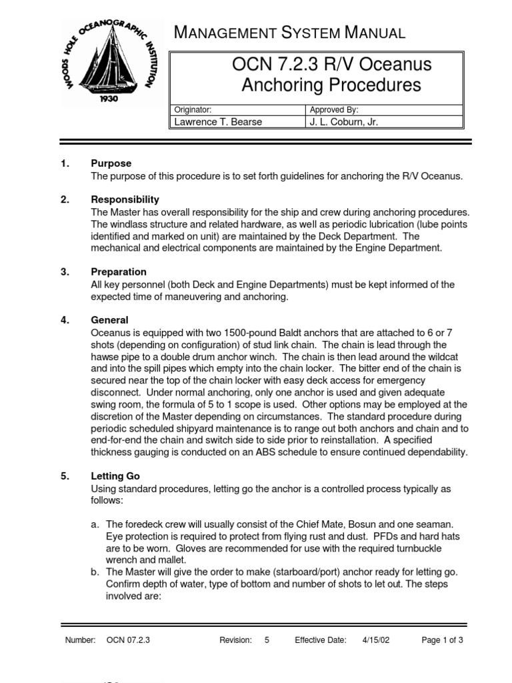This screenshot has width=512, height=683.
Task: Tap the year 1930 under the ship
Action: pos(109,97)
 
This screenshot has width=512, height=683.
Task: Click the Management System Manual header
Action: pos(288,32)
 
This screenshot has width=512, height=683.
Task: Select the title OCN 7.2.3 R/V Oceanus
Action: pos(331,65)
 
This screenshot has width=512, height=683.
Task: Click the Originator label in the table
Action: pos(193,109)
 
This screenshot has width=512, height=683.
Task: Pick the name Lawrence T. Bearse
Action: pos(218,121)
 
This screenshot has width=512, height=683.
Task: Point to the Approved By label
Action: pos(335,109)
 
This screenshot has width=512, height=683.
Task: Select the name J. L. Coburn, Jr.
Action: pos(345,121)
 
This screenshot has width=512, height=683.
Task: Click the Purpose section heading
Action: pos(111,163)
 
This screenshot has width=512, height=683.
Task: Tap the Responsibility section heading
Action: pos(125,199)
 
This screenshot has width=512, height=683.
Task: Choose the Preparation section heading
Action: pos(119,272)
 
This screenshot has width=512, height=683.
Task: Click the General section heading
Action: pos(109,320)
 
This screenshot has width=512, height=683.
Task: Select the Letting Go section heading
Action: pos(115,477)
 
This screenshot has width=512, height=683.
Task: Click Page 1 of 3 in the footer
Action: pos(443,640)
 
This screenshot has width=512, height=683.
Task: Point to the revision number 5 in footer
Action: pos(267,640)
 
